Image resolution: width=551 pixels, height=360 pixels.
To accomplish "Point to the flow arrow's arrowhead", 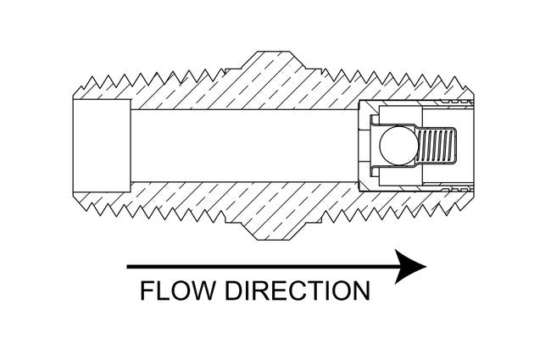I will point(410,266).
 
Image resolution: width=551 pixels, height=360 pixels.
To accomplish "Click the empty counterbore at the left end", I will point(101,146).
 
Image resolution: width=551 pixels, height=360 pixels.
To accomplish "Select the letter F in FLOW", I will point(145,291).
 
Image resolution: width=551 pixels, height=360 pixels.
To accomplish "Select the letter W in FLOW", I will point(206,291).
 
